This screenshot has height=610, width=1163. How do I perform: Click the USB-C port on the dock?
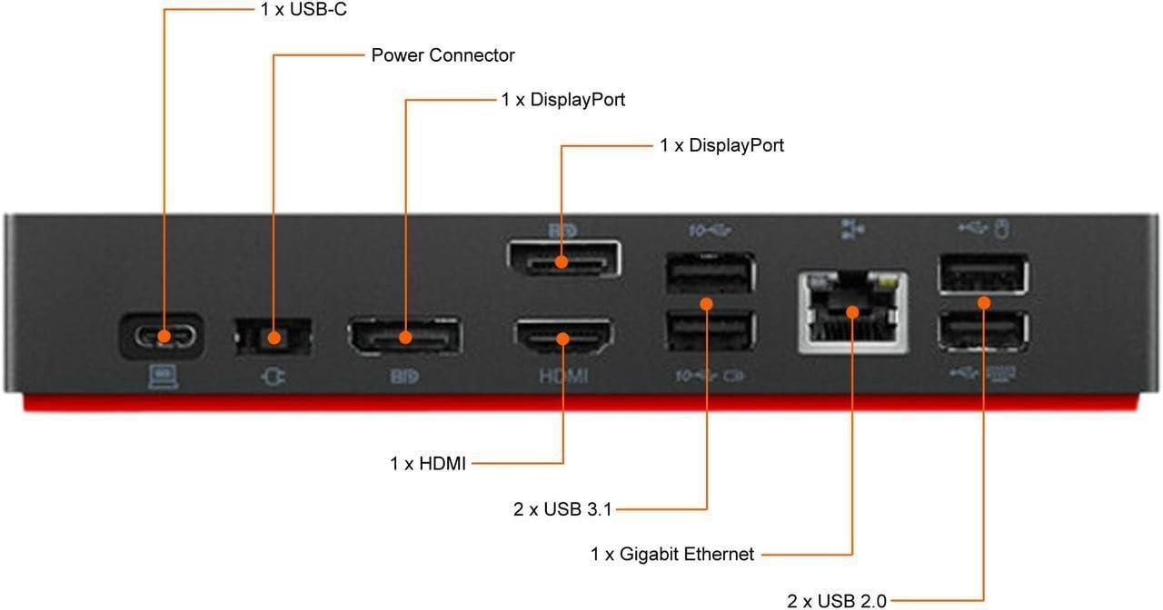point(162,337)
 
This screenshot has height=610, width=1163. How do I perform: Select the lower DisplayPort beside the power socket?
point(404,338)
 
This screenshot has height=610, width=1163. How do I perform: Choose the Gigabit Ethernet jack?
point(852,311)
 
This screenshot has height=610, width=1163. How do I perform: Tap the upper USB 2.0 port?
point(984,273)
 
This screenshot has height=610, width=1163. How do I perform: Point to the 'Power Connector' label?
point(442,55)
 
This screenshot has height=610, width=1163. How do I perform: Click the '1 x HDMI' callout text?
point(428,464)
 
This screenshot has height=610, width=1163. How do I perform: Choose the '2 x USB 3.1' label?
point(562,509)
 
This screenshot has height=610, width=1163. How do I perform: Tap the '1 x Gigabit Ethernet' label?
point(672,554)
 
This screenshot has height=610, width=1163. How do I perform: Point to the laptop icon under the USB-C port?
point(163,376)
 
